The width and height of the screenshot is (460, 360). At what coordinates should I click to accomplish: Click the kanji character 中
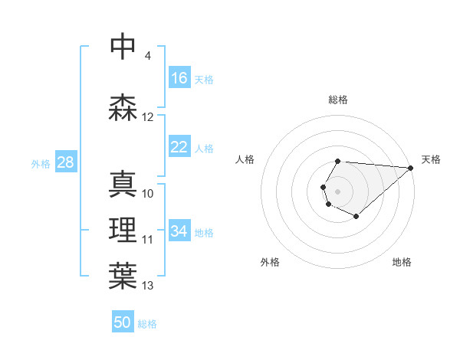click(x=123, y=47)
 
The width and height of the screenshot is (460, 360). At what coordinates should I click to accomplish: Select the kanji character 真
click(x=123, y=185)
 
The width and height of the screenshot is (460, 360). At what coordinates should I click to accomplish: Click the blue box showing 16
click(x=179, y=78)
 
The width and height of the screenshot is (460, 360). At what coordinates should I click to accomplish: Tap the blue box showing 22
click(x=179, y=147)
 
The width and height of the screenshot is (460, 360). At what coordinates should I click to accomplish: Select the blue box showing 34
click(x=179, y=231)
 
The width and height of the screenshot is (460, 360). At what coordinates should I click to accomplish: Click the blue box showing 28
click(x=65, y=162)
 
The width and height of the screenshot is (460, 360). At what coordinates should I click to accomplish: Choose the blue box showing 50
click(x=123, y=322)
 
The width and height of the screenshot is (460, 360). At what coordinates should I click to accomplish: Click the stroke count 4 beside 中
click(x=148, y=56)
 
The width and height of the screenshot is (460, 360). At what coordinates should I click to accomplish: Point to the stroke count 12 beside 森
click(x=148, y=117)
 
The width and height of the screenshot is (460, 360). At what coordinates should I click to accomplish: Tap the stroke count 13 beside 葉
click(x=148, y=286)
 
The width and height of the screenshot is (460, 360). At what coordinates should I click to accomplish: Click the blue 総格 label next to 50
click(x=147, y=324)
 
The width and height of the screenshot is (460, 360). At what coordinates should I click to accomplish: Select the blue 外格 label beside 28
click(x=41, y=163)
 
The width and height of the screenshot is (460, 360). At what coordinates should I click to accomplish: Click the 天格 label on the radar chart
click(x=431, y=159)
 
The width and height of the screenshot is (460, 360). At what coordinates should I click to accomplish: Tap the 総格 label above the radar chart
click(x=338, y=100)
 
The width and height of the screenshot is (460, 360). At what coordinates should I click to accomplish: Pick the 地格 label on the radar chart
click(x=402, y=262)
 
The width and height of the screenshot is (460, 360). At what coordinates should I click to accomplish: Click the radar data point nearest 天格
click(x=410, y=168)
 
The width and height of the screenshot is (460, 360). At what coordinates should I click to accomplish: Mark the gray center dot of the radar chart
click(x=337, y=190)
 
